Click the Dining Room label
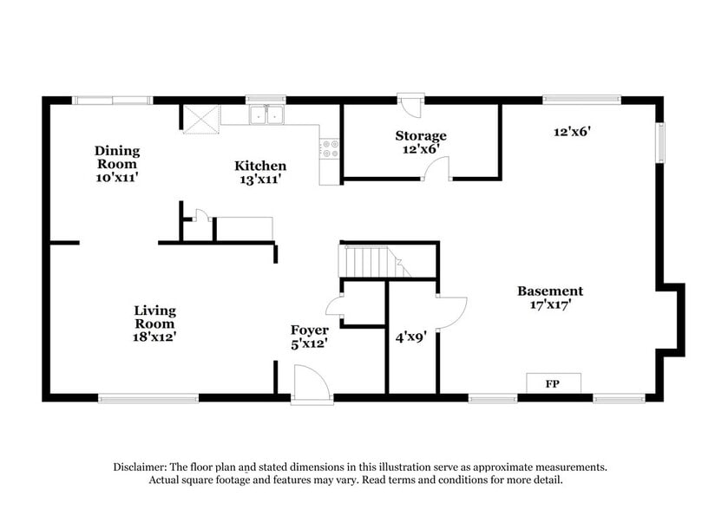(x=117, y=157)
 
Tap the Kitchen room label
(x=260, y=166)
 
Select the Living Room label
(x=154, y=317)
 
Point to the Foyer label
(x=309, y=330)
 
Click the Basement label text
(x=550, y=291)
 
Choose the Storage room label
(x=421, y=135)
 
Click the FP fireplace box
(x=552, y=382)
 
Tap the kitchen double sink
(x=267, y=114)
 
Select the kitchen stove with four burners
(x=329, y=148)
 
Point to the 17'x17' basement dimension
(x=550, y=304)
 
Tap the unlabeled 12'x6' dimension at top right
(x=572, y=132)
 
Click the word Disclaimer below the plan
(x=140, y=467)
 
